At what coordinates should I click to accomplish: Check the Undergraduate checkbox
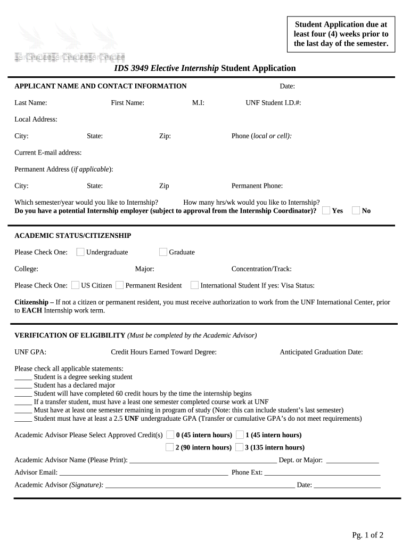[80, 252]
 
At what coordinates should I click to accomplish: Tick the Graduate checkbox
[163, 252]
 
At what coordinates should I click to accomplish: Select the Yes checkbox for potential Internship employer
[326, 211]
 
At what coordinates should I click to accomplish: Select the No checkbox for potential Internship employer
[356, 211]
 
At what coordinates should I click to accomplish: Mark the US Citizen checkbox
[75, 285]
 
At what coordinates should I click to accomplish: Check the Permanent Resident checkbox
[120, 285]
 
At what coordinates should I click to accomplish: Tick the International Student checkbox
[195, 285]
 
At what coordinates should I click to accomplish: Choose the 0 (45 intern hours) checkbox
[170, 435]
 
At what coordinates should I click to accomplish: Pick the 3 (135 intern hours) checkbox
[240, 447]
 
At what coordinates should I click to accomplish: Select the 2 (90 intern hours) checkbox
[170, 447]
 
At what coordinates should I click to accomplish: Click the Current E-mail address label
[48, 152]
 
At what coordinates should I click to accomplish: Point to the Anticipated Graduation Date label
[321, 352]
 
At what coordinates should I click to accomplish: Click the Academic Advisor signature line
[200, 485]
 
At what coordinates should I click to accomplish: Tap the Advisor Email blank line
[144, 472]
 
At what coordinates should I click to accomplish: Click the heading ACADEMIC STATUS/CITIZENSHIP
[72, 236]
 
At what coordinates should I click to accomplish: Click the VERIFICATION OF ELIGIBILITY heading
[69, 335]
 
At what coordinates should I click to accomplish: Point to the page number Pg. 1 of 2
[367, 535]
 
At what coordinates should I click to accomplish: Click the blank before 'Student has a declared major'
[23, 386]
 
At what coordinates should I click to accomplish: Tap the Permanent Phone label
[257, 186]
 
